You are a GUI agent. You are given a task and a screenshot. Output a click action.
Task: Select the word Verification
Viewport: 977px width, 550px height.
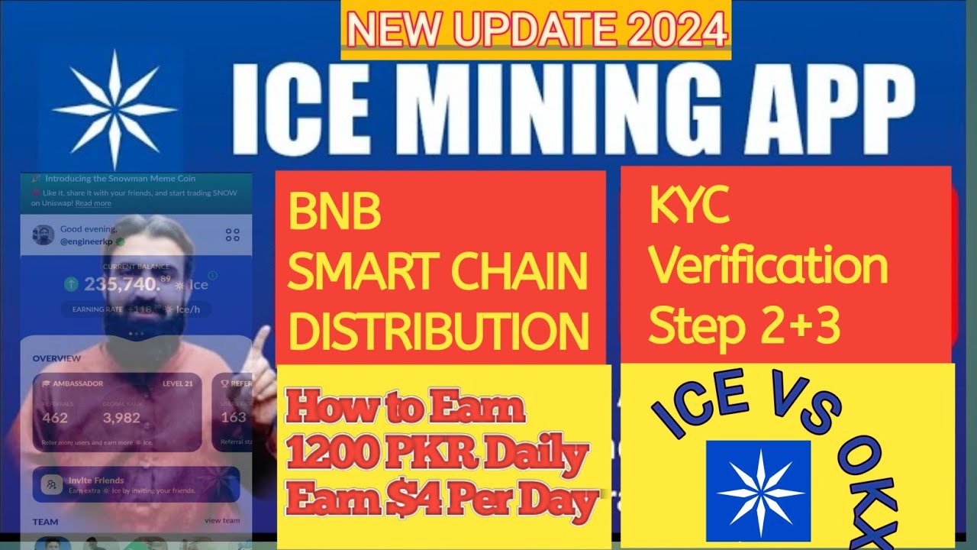click(768, 267)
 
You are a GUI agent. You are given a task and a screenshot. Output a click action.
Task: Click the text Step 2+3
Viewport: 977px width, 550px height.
click(744, 326)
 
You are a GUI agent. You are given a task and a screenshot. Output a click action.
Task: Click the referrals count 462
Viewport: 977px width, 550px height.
click(54, 417)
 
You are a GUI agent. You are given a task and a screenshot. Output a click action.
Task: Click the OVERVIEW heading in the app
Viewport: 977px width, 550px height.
click(56, 358)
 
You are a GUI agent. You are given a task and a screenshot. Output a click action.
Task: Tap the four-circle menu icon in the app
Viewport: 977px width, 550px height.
click(233, 235)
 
